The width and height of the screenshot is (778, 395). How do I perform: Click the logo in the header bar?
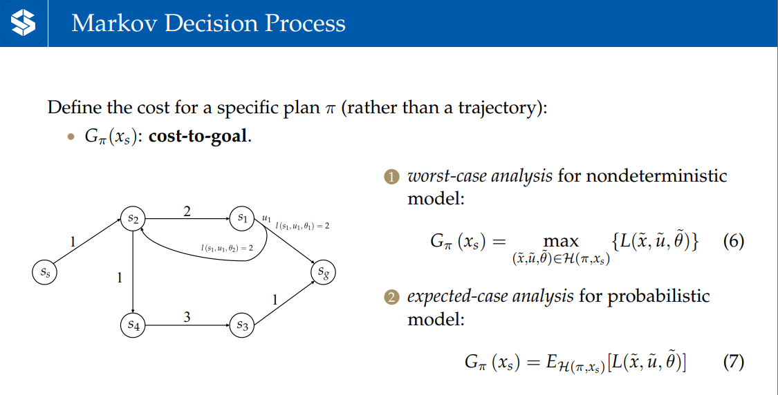(23, 23)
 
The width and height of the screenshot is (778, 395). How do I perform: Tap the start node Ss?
(45, 272)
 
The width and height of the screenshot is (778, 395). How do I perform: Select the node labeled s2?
(133, 218)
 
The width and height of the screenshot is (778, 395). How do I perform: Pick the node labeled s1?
(242, 218)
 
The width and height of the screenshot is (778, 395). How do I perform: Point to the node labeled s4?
(133, 325)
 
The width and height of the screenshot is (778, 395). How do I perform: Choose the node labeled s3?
(242, 325)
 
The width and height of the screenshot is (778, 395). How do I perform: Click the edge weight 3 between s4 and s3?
(187, 316)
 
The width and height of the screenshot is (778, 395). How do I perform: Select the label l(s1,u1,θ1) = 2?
(302, 226)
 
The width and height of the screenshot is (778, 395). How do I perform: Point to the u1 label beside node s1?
(266, 218)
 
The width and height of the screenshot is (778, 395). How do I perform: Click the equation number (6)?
(733, 242)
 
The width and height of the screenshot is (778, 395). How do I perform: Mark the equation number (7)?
(733, 362)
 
